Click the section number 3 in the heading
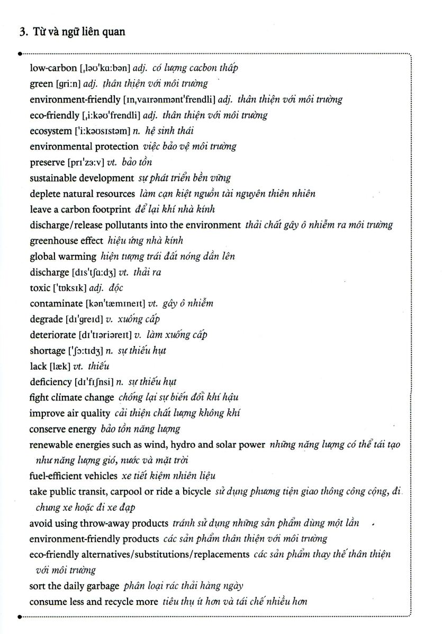(x=22, y=32)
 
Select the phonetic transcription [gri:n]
(x=68, y=83)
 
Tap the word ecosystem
(x=50, y=131)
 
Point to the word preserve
(x=47, y=162)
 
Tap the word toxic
(x=40, y=288)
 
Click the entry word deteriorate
(x=52, y=335)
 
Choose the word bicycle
(x=193, y=492)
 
